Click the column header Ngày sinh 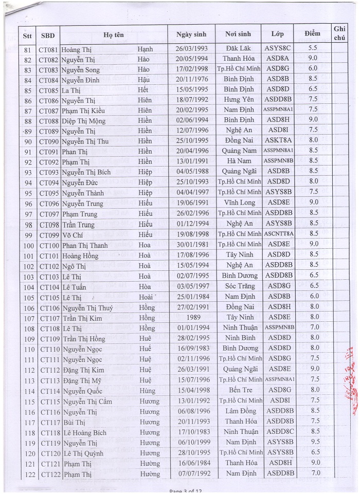[191, 34]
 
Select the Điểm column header [312, 34]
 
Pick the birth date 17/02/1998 [191, 69]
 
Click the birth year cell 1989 [191, 318]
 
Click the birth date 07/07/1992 [191, 473]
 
